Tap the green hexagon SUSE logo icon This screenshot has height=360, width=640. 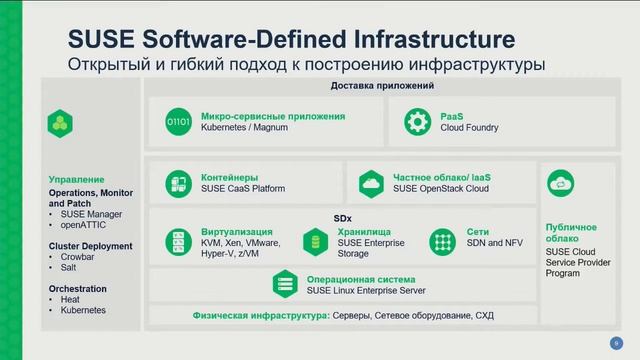[60, 123]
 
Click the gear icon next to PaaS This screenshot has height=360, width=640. [417, 123]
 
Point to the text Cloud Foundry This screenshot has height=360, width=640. [469, 129]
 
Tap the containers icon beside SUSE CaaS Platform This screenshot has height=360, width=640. [180, 183]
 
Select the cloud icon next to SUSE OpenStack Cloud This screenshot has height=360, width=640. [371, 183]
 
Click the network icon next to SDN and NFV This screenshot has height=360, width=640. [442, 241]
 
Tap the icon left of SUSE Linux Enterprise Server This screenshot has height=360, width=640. [285, 284]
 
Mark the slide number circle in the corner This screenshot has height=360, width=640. [615, 343]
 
